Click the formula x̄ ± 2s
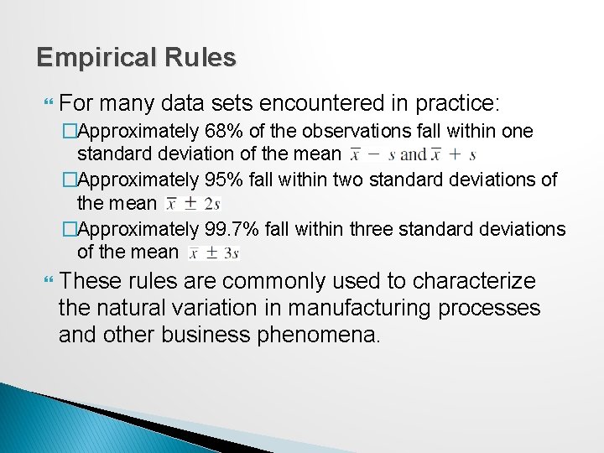click(x=194, y=203)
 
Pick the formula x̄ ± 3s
click(x=214, y=252)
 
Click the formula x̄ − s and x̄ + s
click(x=413, y=154)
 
